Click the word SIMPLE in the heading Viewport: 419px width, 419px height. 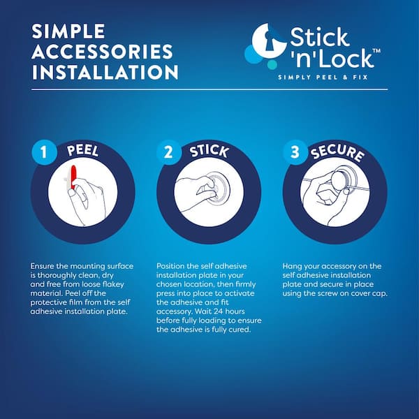click(68, 31)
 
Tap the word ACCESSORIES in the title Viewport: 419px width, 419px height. click(103, 52)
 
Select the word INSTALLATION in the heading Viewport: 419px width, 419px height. click(105, 72)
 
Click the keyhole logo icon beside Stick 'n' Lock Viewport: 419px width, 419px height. click(268, 41)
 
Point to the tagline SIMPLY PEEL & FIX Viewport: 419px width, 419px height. click(323, 78)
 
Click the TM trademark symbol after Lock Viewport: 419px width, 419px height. click(376, 51)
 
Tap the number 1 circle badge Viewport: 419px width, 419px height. click(44, 152)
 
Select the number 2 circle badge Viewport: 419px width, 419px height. click(168, 152)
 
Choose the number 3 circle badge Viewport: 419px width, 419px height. click(295, 152)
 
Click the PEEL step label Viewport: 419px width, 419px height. click(83, 150)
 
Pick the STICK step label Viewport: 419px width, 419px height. click(209, 152)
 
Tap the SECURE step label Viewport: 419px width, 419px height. click(337, 154)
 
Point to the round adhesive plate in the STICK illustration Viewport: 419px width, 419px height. click(219, 188)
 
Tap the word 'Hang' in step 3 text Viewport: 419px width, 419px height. click(291, 267)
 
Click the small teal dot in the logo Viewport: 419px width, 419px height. click(272, 65)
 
